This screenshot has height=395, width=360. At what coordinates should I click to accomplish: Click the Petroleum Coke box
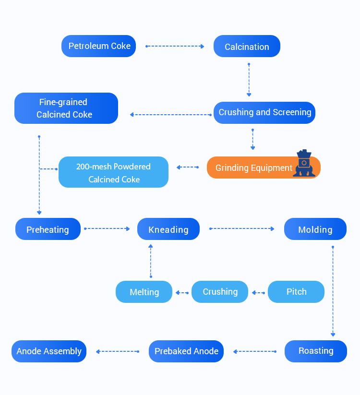click(99, 46)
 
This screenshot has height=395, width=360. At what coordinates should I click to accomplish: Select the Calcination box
click(247, 47)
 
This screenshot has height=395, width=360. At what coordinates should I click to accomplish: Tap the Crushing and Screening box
click(264, 112)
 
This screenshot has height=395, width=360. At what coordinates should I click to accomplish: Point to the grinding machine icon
click(304, 164)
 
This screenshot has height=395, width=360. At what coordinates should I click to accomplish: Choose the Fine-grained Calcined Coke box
click(66, 108)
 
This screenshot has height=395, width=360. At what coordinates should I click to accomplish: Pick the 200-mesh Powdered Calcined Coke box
click(113, 172)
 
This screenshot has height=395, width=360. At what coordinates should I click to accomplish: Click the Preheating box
click(48, 229)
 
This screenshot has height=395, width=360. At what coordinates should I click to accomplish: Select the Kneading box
click(168, 229)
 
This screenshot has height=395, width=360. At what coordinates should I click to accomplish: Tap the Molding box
click(315, 229)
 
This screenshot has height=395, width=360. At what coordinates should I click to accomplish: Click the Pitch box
click(296, 292)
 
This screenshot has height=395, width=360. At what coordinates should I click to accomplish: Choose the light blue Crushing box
click(220, 292)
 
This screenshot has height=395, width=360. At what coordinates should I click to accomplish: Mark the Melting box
click(144, 292)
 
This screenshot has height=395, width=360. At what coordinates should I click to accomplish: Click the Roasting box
click(315, 351)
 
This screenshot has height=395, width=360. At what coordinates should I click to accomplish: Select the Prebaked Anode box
click(186, 351)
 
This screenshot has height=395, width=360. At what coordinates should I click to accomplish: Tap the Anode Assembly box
click(49, 351)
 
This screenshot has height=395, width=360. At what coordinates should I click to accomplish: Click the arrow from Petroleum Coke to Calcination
click(175, 46)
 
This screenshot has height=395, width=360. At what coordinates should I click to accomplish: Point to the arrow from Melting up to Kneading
click(151, 261)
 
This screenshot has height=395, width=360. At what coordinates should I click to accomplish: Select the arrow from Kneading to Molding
click(242, 228)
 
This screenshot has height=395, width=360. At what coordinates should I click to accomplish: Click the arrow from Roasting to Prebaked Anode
click(254, 351)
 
